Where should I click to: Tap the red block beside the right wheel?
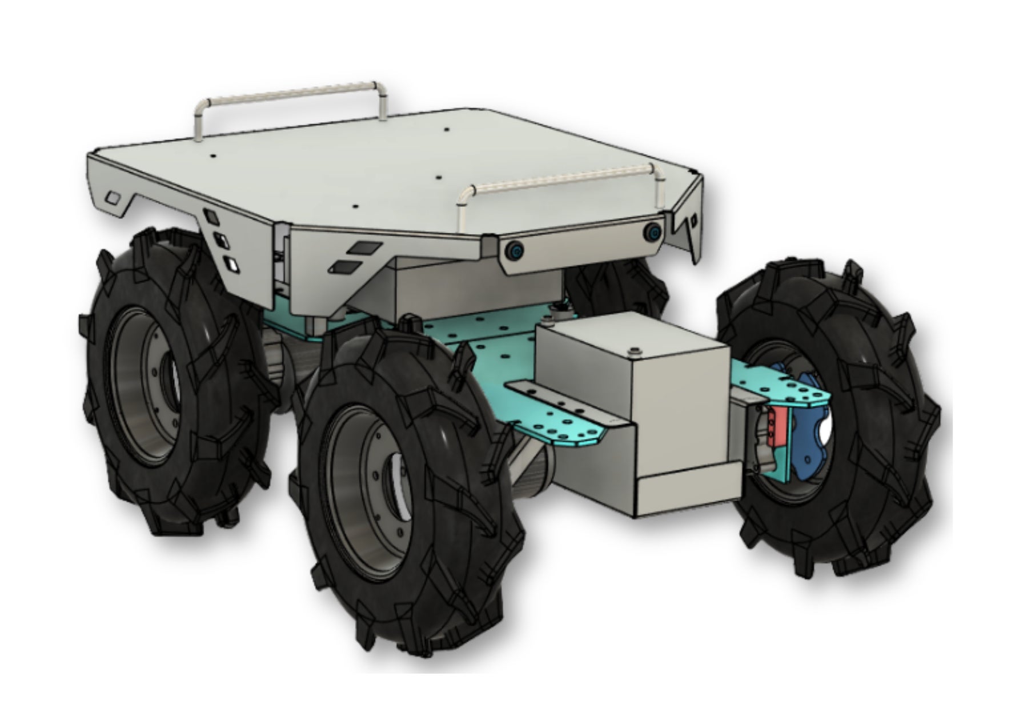tap(776, 426)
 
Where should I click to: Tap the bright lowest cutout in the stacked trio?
tap(232, 265)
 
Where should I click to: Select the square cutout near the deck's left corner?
tap(114, 198)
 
